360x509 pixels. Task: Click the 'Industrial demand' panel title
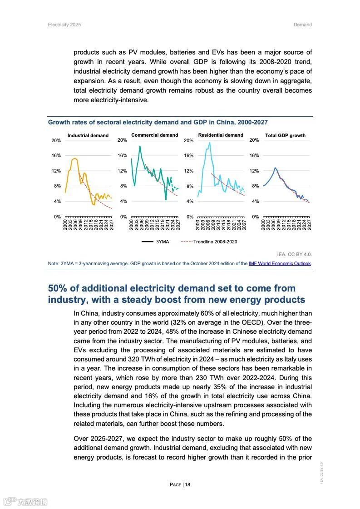88,135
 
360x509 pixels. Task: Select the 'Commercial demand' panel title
154,135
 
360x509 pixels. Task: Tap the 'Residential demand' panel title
221,135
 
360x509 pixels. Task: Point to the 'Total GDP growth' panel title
285,135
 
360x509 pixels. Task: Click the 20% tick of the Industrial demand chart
56,140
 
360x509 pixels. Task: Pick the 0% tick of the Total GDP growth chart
255,217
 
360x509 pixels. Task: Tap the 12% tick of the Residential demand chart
189,171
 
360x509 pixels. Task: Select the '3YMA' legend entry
162,242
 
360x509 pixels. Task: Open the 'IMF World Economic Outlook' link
280,263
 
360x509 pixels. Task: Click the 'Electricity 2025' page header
64,25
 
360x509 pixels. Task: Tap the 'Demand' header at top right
302,25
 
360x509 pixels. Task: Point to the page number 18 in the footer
187,484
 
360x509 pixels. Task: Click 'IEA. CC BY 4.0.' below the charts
294,254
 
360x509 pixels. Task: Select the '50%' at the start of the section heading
59,288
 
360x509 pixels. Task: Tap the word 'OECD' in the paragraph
243,322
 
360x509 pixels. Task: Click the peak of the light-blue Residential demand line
210,143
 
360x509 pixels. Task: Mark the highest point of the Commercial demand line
140,146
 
